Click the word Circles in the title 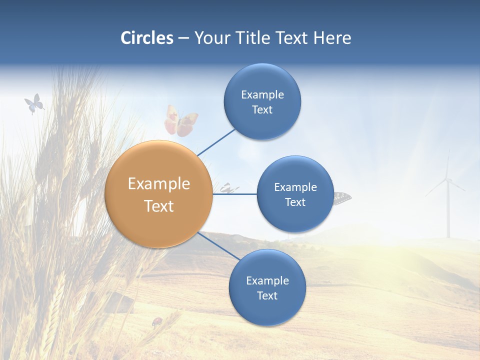146,38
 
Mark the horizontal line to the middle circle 235,194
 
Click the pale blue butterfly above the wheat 34,104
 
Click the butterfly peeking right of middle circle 343,197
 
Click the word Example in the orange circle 159,184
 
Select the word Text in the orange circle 159,206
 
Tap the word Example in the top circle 262,94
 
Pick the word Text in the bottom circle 267,295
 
